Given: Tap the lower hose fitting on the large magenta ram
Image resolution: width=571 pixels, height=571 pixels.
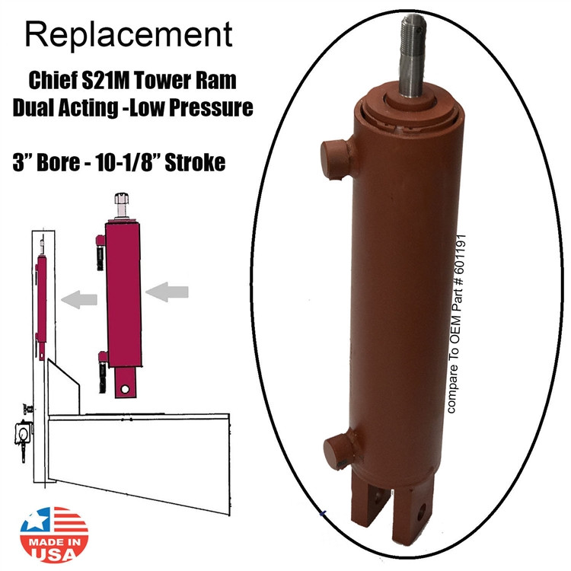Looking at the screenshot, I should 100,362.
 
